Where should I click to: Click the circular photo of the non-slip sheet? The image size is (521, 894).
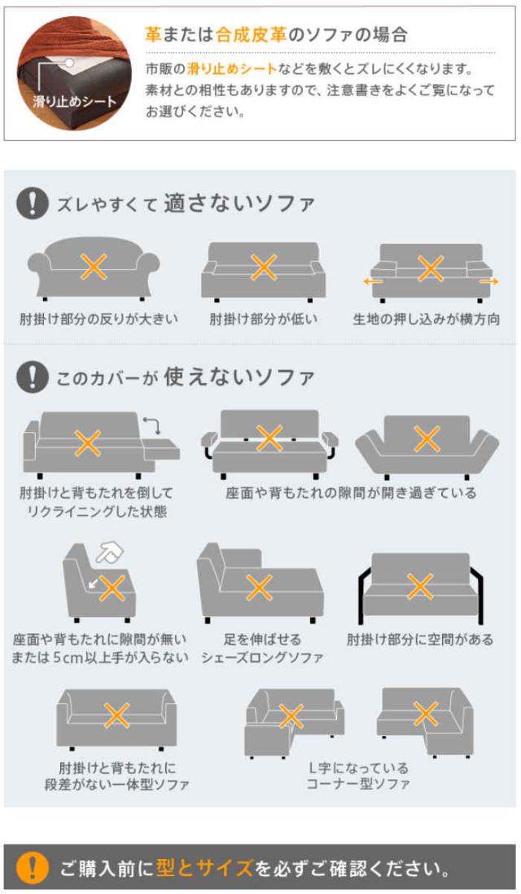pyautogui.click(x=74, y=73)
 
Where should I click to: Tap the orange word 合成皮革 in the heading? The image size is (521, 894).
pyautogui.click(x=251, y=35)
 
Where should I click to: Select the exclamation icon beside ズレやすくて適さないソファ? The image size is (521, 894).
pyautogui.click(x=32, y=204)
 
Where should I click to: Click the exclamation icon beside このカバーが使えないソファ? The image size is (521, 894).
pyautogui.click(x=32, y=377)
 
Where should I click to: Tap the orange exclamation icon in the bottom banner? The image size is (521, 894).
pyautogui.click(x=32, y=867)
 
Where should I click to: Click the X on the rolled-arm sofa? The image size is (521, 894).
pyautogui.click(x=94, y=266)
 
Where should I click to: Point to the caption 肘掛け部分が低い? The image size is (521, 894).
pyautogui.click(x=263, y=319)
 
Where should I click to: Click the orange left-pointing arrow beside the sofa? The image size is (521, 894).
pyautogui.click(x=373, y=281)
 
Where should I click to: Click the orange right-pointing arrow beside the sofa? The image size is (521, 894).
pyautogui.click(x=489, y=281)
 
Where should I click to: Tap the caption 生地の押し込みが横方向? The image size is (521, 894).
pyautogui.click(x=427, y=319)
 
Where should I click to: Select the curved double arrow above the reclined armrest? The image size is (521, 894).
pyautogui.click(x=152, y=425)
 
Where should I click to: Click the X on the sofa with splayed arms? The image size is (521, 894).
pyautogui.click(x=427, y=439)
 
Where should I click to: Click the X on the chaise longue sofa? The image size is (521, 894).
pyautogui.click(x=259, y=588)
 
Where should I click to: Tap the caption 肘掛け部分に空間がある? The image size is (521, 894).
pyautogui.click(x=420, y=640)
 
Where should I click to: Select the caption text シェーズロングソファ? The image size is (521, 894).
pyautogui.click(x=262, y=658)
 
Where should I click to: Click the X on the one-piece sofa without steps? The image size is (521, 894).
pyautogui.click(x=116, y=716)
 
